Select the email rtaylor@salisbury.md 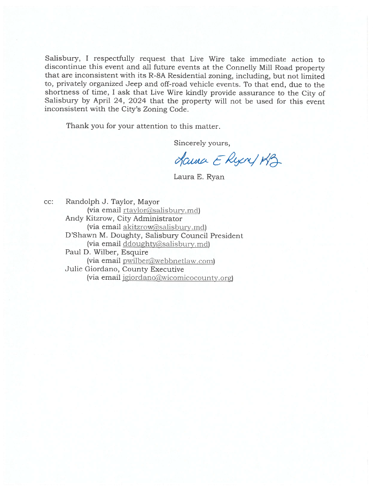point(161,210)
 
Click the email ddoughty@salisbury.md point(166,244)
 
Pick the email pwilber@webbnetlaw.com point(168,261)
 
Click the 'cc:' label point(49,202)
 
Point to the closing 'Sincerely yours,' point(202,143)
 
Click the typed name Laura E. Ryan point(199,177)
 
